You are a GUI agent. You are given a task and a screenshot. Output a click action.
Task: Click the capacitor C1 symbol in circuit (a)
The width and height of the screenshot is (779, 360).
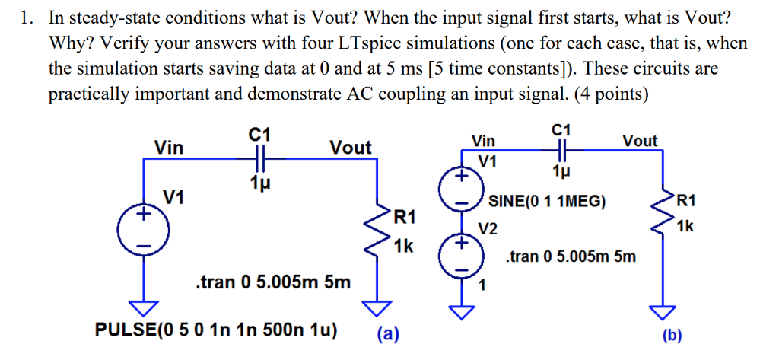[x=260, y=161]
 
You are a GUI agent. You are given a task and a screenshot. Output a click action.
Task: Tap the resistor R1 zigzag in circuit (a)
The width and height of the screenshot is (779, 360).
[x=375, y=231]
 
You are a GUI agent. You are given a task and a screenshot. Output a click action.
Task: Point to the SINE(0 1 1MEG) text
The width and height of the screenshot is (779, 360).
[x=547, y=202]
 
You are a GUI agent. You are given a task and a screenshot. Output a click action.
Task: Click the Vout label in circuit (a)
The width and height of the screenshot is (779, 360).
[x=350, y=147]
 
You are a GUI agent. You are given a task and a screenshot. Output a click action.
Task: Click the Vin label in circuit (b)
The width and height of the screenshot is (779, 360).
[x=483, y=141]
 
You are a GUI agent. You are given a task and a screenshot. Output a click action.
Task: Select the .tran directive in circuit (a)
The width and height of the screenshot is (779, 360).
[x=273, y=283]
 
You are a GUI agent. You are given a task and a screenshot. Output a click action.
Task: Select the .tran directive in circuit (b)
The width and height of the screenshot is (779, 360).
[x=571, y=257]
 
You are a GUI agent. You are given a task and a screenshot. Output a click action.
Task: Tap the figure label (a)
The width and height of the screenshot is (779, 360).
[x=389, y=333]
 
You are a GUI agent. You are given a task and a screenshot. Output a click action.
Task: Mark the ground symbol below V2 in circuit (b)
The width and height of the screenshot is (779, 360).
[x=462, y=311]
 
